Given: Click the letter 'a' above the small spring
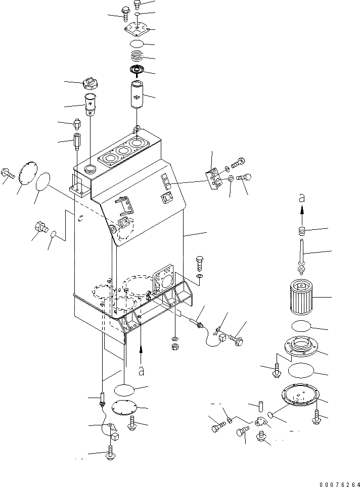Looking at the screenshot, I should tap(302, 199).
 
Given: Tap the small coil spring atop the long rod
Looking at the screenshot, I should tap(302, 233).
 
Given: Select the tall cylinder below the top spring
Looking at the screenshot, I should tap(138, 95).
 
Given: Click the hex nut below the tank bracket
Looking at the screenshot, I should tap(174, 347).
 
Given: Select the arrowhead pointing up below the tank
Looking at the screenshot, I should tap(142, 349).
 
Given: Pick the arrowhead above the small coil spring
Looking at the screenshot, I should tap(302, 214).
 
